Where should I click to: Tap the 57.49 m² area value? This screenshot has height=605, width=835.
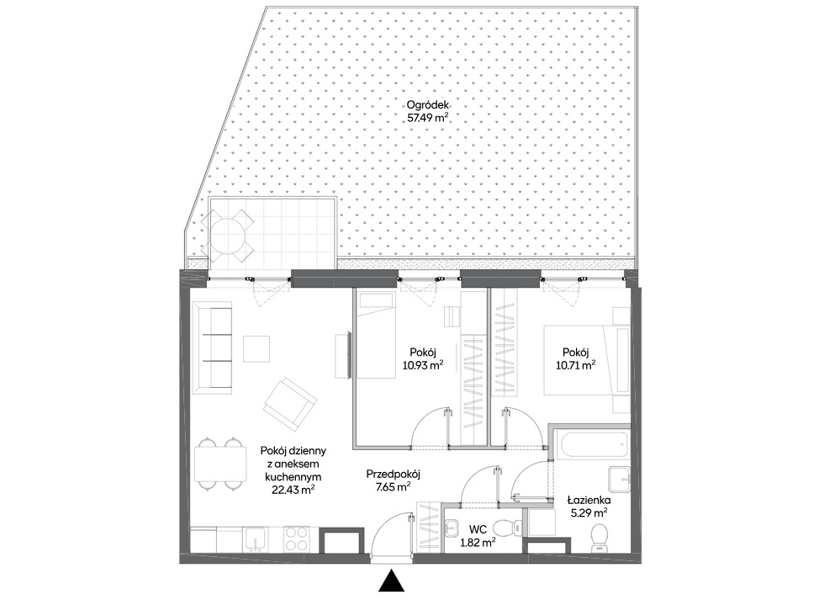pos(427,118)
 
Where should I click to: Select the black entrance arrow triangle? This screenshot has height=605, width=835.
pos(391,581)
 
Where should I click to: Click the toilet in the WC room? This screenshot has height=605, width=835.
pos(508,528)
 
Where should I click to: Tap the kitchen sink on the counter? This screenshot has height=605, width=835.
pos(256,539)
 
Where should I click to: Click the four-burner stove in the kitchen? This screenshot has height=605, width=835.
pos(297,539)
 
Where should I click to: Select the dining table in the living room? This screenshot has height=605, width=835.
pos(220,464)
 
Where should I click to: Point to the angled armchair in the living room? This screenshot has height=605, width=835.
pos(290,405)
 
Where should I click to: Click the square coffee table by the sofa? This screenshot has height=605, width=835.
pos(256,349)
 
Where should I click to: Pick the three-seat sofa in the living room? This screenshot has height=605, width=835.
pos(213,348)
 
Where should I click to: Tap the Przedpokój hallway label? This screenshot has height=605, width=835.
pos(394,474)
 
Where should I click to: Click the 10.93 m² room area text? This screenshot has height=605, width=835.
pos(423,365)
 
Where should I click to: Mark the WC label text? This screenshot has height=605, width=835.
pos(478,530)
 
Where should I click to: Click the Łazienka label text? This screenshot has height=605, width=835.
pos(589,500)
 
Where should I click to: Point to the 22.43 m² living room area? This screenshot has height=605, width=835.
pos(293,490)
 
